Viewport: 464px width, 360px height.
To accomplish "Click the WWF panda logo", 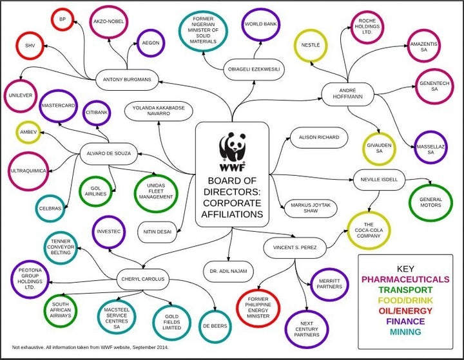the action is pos(233,151).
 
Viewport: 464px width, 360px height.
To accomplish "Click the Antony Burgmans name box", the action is pos(127,80).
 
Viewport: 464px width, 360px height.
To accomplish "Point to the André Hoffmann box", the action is pos(348,94).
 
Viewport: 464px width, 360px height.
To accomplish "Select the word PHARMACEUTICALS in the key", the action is pos(405,279).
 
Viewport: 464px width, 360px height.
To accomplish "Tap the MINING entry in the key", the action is pos(405,332).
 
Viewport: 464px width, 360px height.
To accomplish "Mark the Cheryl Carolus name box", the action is pos(142,279).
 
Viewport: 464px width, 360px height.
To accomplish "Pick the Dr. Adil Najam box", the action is pos(228,271).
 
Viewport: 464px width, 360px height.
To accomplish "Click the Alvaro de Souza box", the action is pos(109,153).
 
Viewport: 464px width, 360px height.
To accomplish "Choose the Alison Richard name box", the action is pos(319,137).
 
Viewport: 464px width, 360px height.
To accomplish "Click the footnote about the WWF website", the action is pos(90,347).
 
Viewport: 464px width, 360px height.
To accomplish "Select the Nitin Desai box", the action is pos(157,232).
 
